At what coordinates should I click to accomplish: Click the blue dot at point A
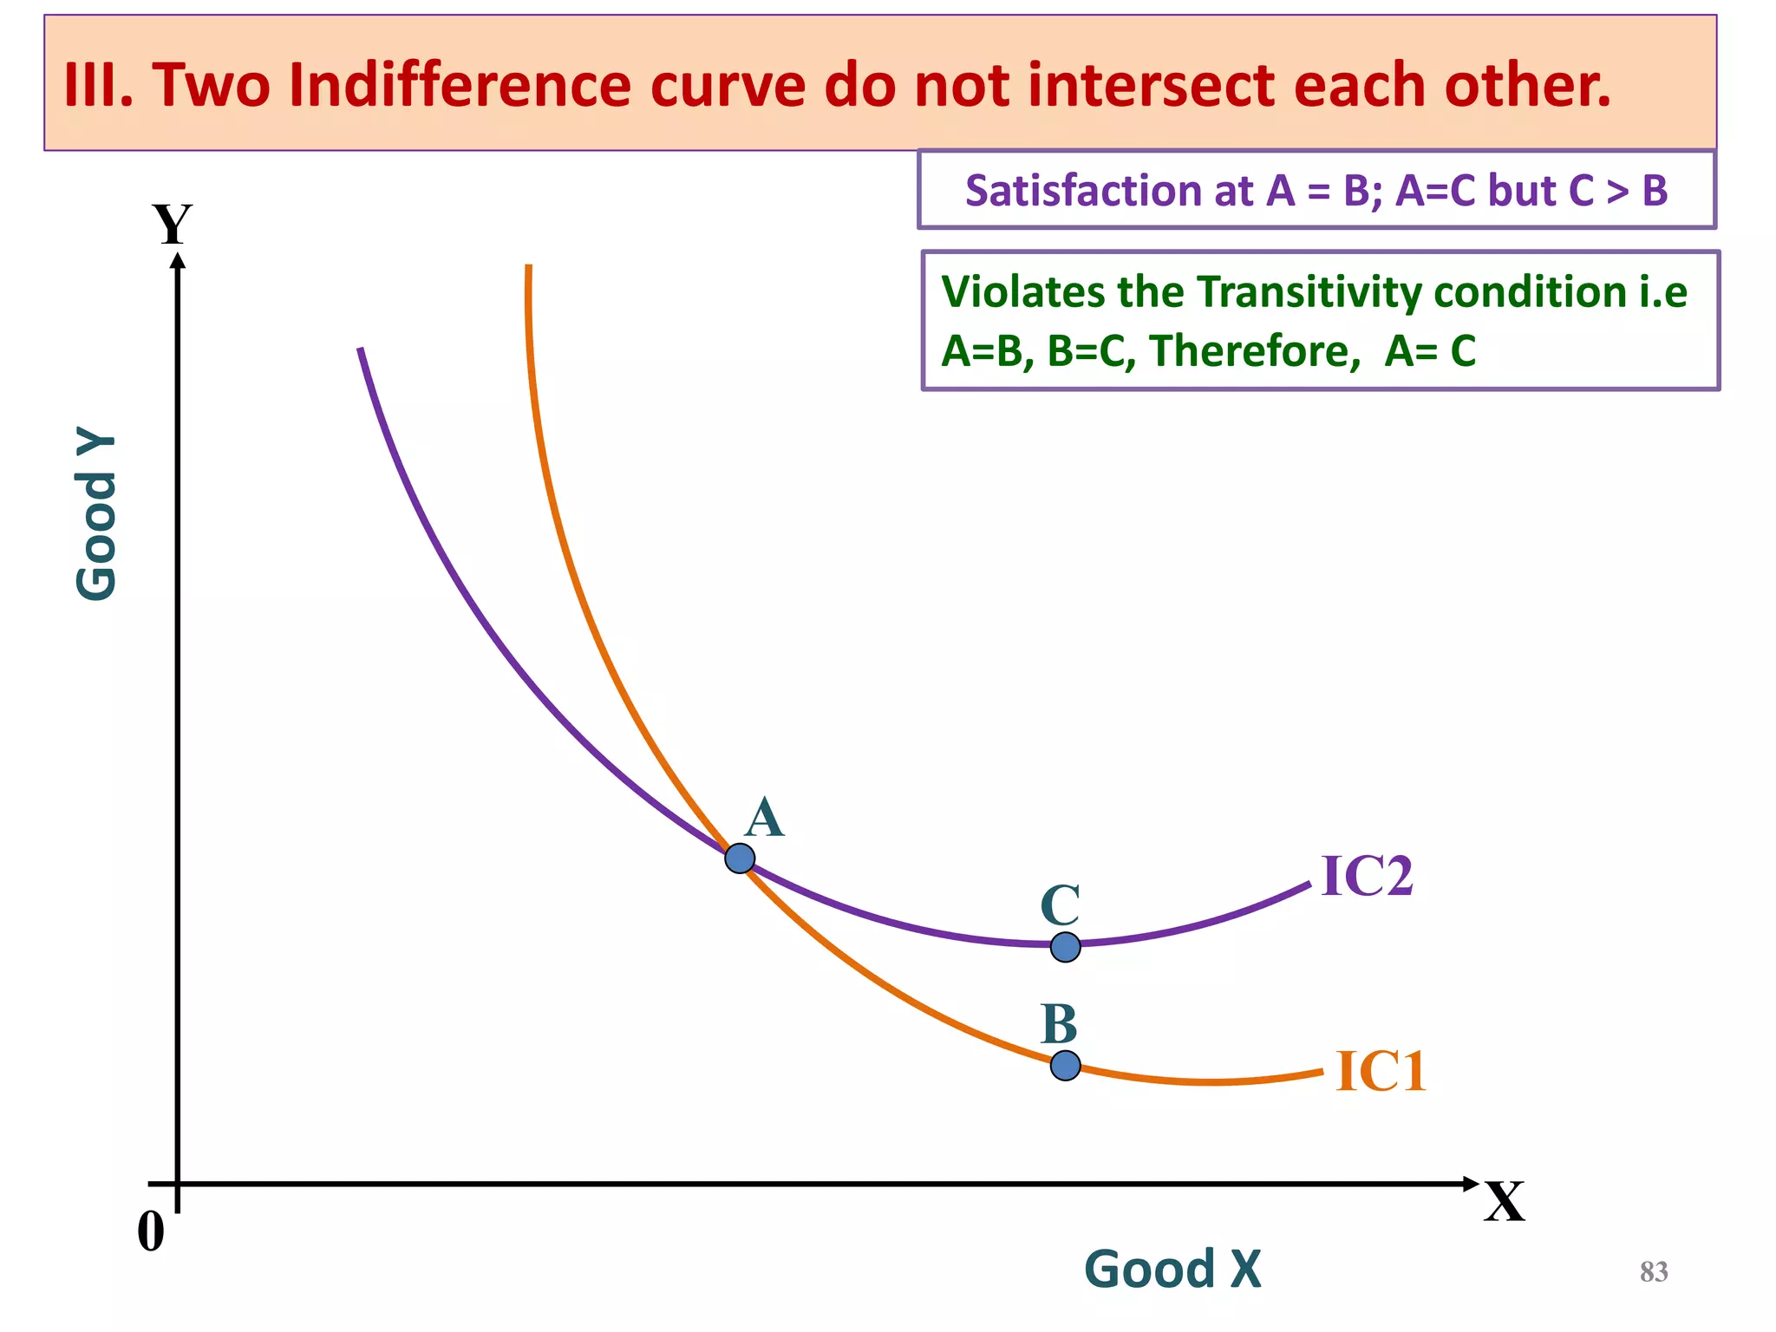(x=740, y=859)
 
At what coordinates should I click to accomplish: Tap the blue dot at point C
(x=1065, y=947)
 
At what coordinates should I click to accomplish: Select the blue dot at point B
(x=1065, y=1065)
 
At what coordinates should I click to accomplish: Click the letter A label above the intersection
(x=764, y=818)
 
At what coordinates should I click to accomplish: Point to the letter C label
(x=1060, y=905)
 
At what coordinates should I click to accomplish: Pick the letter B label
(x=1059, y=1024)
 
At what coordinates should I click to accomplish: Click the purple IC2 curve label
(x=1367, y=876)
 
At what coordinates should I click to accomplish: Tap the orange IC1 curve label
(x=1381, y=1071)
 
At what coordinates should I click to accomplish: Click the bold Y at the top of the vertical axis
(x=172, y=225)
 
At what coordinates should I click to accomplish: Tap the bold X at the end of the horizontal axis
(x=1504, y=1202)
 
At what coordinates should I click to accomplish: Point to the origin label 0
(x=151, y=1231)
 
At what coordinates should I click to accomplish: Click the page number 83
(x=1654, y=1272)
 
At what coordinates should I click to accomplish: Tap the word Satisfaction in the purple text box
(x=1109, y=191)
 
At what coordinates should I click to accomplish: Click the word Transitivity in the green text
(x=1309, y=291)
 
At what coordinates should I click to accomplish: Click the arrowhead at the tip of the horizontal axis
(x=1471, y=1184)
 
